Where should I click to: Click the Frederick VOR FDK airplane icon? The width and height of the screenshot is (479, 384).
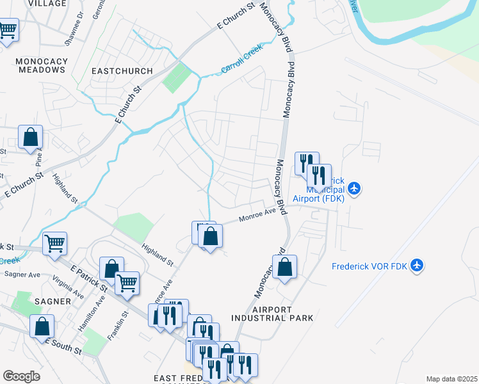tap(417, 265)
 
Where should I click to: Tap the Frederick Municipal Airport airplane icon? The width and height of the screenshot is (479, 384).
tap(355, 188)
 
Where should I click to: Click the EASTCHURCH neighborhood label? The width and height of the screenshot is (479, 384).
tap(122, 71)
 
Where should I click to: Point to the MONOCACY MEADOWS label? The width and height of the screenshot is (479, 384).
tap(27, 65)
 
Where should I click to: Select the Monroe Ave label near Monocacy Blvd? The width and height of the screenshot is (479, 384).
tap(257, 215)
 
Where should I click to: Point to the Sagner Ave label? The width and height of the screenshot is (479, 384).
tap(22, 274)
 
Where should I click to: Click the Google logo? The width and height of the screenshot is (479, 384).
tap(21, 376)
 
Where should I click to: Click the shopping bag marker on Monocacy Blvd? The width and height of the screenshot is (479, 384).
tap(285, 266)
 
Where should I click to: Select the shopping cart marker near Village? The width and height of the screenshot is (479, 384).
tap(7, 29)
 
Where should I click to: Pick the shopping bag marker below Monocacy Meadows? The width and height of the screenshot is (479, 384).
tap(30, 136)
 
